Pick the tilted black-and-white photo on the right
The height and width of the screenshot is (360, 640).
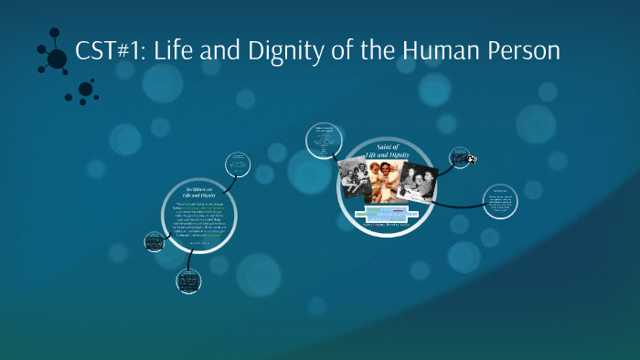(x=417, y=182)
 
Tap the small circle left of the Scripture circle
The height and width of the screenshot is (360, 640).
(x=154, y=242)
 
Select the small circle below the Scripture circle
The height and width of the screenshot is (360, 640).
(x=189, y=281)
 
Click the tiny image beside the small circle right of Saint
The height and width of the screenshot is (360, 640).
(x=472, y=159)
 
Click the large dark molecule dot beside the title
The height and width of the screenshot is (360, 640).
(x=57, y=58)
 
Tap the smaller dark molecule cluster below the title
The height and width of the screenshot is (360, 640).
(x=84, y=90)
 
